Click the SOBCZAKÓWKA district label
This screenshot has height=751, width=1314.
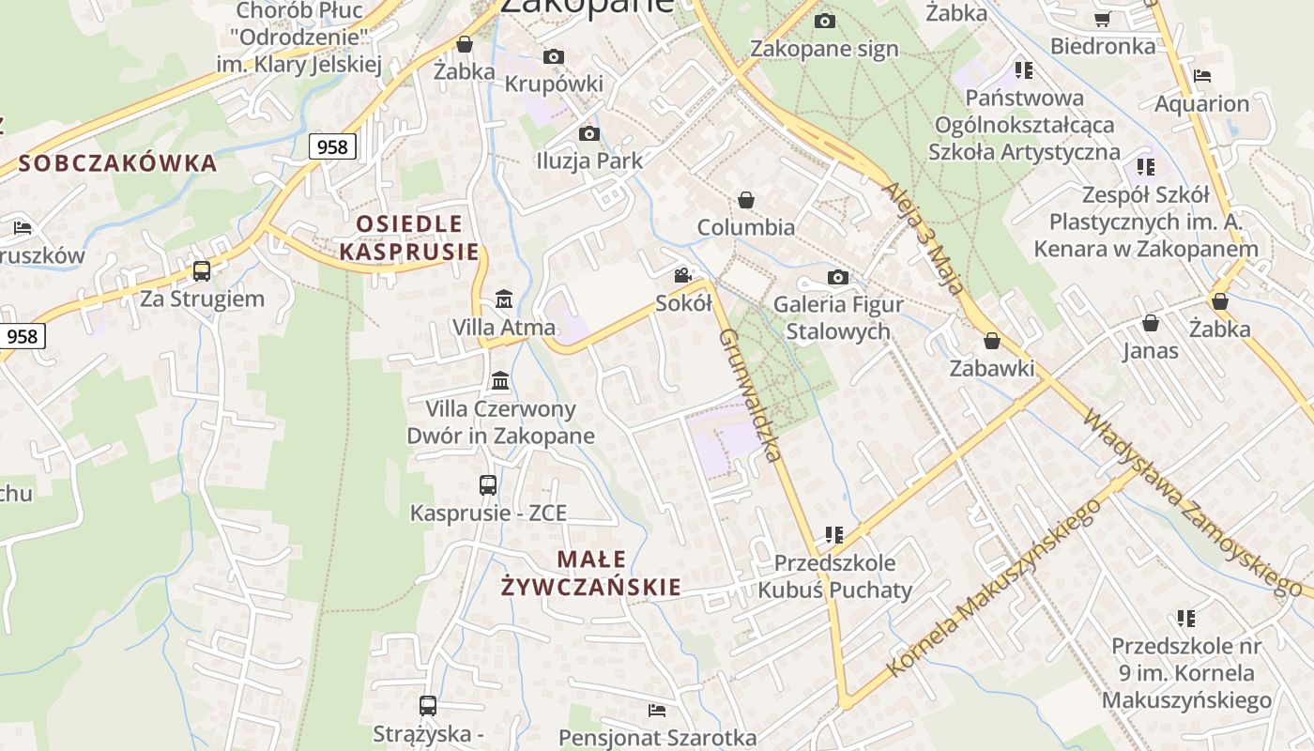117,163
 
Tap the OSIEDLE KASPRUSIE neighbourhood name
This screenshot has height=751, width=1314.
409,238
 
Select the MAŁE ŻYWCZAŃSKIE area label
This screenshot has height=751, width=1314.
591,574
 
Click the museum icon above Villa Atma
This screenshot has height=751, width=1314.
504,299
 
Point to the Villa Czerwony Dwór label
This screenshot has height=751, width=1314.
500,422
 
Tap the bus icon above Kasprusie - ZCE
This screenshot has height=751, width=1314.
488,485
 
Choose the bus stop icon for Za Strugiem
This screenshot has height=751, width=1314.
202,271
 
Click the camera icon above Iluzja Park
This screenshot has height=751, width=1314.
589,133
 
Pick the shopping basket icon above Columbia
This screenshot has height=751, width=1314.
746,200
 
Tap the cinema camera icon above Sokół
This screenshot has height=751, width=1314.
683,276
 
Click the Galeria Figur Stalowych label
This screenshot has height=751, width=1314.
838,317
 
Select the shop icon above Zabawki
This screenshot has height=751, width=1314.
992,341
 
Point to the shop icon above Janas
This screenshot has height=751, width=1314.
1151,324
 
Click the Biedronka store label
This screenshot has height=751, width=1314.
1103,46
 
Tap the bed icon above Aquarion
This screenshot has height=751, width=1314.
1202,76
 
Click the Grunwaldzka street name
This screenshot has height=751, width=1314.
749,394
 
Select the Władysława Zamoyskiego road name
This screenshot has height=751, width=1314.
1191,502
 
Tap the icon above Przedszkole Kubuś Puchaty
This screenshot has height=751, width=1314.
834,535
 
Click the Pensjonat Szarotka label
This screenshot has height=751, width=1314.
657,738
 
